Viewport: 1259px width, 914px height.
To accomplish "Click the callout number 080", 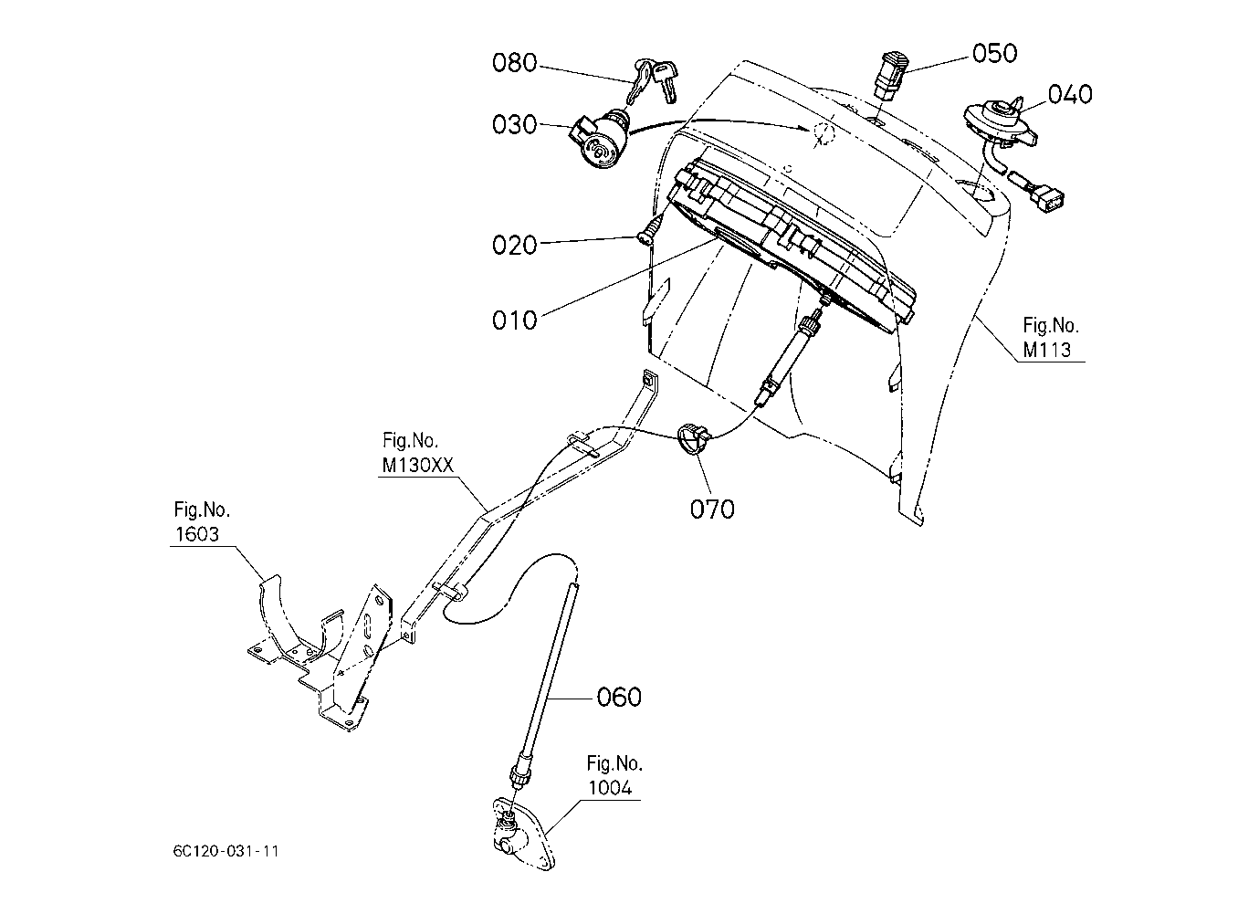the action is tap(514, 63).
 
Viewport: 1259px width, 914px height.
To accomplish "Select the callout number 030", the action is tap(514, 125).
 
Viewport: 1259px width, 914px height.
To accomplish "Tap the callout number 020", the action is tap(514, 246).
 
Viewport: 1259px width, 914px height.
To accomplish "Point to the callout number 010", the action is tap(514, 321).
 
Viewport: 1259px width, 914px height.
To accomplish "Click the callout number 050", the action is tap(995, 53).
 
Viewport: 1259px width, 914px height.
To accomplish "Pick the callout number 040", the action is tap(1070, 94).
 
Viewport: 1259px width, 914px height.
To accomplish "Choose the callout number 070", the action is tap(712, 510).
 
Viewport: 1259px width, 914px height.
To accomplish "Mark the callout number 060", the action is tap(619, 698).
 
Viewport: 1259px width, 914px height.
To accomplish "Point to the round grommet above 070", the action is tap(694, 438).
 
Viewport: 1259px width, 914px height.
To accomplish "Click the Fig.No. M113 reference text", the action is tap(1050, 338).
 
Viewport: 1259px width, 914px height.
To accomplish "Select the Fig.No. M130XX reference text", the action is tap(417, 453).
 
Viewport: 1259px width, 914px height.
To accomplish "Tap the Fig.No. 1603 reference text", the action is tap(201, 521).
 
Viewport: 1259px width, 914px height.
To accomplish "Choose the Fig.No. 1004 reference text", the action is tap(614, 776).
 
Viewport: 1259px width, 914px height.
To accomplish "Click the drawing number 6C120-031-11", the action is tap(226, 851).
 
